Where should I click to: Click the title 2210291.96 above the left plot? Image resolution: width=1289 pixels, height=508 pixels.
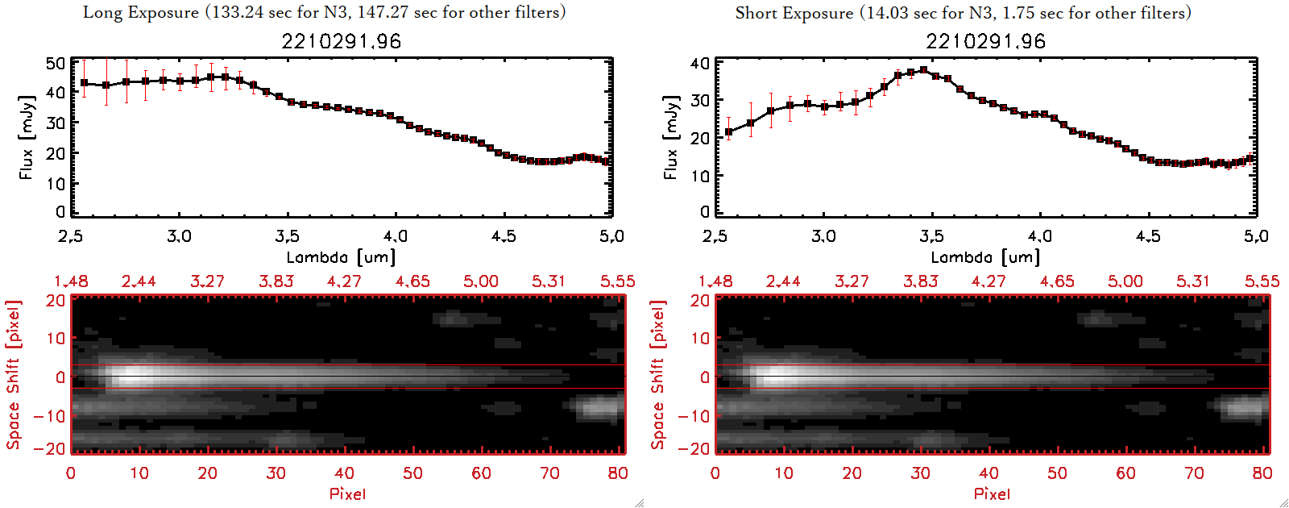click(x=341, y=41)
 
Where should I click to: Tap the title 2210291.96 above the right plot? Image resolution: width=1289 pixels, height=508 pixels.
click(x=985, y=41)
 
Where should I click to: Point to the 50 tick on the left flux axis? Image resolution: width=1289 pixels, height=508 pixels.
click(x=56, y=63)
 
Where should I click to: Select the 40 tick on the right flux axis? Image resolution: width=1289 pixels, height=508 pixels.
click(x=700, y=63)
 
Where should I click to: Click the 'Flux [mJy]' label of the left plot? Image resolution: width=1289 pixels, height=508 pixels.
click(x=27, y=137)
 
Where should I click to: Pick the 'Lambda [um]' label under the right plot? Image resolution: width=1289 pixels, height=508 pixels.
click(x=985, y=257)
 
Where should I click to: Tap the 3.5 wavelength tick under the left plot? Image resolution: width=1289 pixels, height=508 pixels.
click(x=287, y=236)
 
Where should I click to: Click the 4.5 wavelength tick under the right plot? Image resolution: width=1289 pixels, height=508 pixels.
click(x=1148, y=236)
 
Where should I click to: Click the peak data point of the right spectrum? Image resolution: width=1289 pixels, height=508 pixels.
click(x=923, y=70)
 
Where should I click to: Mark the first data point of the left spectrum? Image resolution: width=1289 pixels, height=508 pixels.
click(x=84, y=83)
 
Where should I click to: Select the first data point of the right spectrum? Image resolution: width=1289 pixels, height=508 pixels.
click(x=729, y=131)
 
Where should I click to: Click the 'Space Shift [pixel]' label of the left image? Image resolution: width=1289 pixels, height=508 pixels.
click(x=13, y=374)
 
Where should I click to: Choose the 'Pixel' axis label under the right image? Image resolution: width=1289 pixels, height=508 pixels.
click(x=992, y=493)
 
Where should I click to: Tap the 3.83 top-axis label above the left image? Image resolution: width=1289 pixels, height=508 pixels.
click(x=276, y=281)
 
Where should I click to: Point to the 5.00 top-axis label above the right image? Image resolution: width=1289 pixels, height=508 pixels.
click(x=1125, y=281)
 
